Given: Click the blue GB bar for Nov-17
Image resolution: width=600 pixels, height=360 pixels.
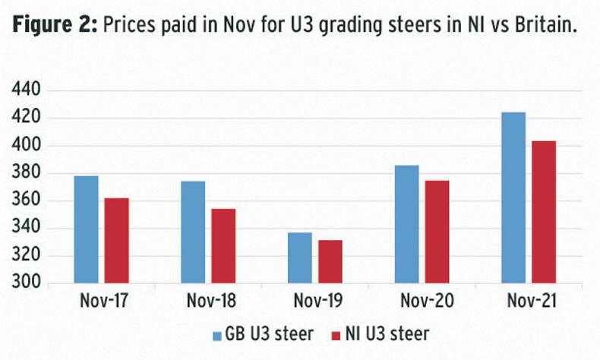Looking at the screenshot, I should [x=86, y=230].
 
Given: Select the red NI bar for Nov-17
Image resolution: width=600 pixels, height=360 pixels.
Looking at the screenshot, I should [x=116, y=241].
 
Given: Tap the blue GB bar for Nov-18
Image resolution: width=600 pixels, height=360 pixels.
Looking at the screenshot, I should [x=193, y=232].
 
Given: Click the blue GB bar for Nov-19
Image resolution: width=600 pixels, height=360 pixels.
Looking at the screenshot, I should [x=299, y=258].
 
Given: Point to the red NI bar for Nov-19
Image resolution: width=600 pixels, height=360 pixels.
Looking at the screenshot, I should [x=330, y=262].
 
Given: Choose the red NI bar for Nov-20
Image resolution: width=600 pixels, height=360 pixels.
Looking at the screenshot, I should [x=437, y=232].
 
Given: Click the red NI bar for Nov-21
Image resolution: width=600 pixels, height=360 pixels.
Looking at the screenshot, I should [x=544, y=212].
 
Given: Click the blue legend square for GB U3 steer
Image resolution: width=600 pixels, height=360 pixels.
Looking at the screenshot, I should [x=218, y=334].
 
